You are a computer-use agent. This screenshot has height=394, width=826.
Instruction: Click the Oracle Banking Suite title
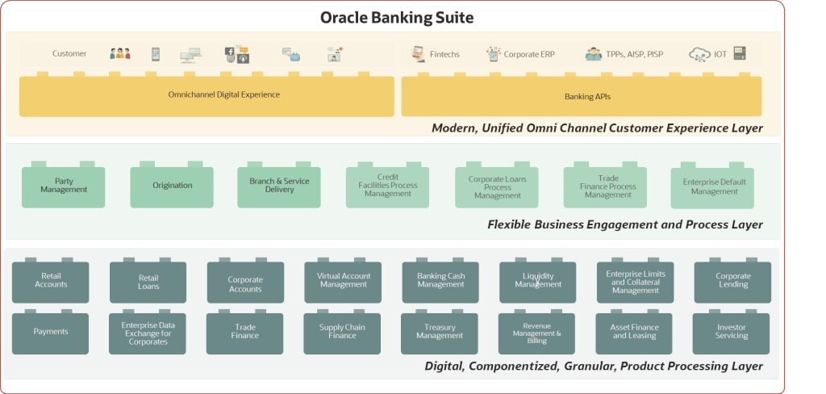397,17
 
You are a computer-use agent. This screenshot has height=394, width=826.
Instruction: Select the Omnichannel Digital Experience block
206,96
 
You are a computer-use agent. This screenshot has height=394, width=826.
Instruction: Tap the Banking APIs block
581,97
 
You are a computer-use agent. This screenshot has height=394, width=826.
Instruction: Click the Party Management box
64,187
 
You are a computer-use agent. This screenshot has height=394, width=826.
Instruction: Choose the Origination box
172,187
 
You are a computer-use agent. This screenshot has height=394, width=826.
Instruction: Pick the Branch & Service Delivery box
279,187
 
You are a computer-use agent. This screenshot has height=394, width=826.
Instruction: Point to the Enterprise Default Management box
712,187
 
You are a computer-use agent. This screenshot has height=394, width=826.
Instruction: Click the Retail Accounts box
51,282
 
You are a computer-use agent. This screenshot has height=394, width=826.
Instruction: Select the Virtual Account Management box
343,282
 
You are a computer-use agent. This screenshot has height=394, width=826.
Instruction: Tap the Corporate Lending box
732,282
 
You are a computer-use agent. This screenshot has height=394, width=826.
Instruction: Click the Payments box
51,333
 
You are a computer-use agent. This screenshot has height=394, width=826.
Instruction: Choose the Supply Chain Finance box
342,333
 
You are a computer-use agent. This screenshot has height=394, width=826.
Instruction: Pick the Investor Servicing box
731,333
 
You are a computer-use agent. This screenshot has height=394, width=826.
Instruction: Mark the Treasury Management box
440,333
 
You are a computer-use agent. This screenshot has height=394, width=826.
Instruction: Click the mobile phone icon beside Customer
155,54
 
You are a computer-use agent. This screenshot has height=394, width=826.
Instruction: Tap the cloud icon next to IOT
699,55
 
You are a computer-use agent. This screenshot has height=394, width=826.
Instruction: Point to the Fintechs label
444,54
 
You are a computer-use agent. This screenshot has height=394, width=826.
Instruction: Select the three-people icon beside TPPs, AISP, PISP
593,54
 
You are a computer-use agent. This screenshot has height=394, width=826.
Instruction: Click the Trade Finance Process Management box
605,187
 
